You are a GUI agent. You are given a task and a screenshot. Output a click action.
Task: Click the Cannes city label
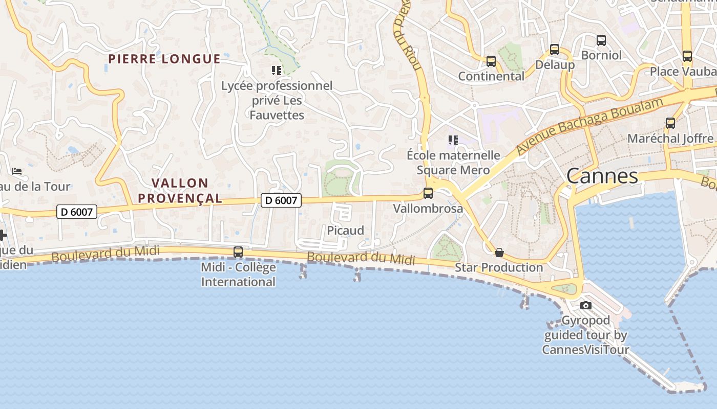point(602,176)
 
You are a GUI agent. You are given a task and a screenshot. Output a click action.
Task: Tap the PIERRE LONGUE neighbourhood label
point(164,59)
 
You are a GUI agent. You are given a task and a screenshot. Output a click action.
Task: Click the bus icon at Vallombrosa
point(428,193)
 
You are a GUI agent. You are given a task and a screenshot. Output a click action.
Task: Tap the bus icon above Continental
point(491,61)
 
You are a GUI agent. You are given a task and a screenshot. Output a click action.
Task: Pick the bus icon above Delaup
point(555,50)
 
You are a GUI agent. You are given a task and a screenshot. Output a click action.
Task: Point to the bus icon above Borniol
point(601,40)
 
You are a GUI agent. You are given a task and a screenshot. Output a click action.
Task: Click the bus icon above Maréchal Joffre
point(670,123)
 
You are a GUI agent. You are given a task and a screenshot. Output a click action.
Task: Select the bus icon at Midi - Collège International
point(238,252)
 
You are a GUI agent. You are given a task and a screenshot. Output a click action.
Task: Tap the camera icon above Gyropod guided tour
point(586,306)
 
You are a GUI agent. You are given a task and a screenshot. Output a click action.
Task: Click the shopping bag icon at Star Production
point(499,253)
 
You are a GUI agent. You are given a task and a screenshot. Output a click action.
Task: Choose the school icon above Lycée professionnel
point(277,70)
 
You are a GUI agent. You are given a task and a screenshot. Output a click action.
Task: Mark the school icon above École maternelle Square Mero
point(453,140)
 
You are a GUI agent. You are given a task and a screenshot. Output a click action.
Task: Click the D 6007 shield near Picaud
point(281,200)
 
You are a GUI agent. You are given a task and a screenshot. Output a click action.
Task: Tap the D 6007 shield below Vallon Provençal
point(77,211)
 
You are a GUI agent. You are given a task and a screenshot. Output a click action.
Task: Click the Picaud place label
point(346,231)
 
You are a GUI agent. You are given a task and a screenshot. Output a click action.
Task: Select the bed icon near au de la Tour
point(17,171)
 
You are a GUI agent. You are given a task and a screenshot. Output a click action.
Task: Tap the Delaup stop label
point(555,65)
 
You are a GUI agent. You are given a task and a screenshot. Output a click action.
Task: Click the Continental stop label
point(491,76)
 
